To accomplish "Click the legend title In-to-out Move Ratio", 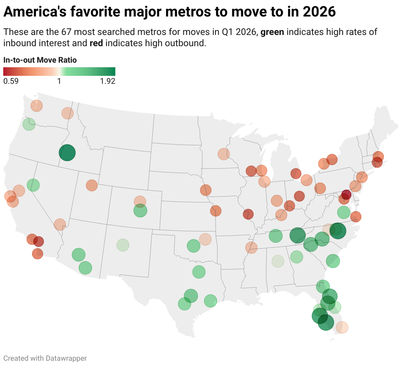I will (40, 60).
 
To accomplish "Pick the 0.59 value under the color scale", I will (11, 81).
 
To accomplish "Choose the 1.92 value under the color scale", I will (108, 81).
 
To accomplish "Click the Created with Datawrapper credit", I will (45, 358).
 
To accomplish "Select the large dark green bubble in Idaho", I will (67, 153).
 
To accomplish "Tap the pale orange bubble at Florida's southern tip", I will (342, 328).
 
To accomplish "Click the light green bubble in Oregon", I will (29, 124).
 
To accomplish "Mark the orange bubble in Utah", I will (91, 185).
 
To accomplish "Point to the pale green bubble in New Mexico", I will (123, 245).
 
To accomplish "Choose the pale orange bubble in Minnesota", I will (224, 154).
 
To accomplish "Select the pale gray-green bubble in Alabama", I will (278, 262).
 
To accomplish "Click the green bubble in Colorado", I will (140, 211).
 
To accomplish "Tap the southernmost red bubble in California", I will (37, 253).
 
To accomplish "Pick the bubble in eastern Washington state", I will (67, 113).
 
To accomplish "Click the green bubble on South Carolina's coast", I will (333, 261).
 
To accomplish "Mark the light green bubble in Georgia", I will (297, 257).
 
